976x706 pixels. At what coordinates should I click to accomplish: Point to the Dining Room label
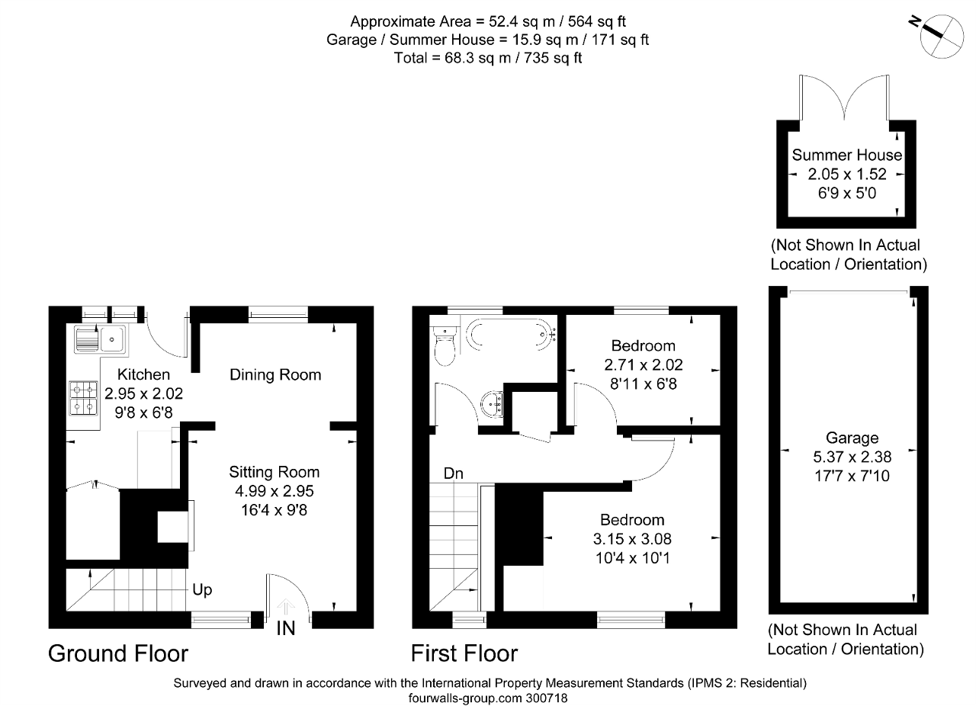[x=275, y=374]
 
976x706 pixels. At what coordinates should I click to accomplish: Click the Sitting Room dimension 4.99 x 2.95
[x=274, y=491]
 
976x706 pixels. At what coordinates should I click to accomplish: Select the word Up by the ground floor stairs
[x=202, y=590]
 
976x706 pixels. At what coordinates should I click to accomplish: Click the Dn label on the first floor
[x=454, y=473]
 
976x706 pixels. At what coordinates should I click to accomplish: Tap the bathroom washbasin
[x=493, y=403]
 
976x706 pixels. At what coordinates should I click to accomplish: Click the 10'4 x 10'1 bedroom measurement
[x=632, y=557]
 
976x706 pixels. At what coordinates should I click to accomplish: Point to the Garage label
[x=852, y=438]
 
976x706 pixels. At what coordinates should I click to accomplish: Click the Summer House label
[x=846, y=155]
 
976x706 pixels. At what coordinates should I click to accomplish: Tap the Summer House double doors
[x=844, y=99]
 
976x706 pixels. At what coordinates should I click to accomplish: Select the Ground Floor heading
[x=118, y=653]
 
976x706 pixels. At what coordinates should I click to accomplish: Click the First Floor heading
[x=464, y=653]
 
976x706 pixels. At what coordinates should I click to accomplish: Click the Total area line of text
[x=488, y=58]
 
